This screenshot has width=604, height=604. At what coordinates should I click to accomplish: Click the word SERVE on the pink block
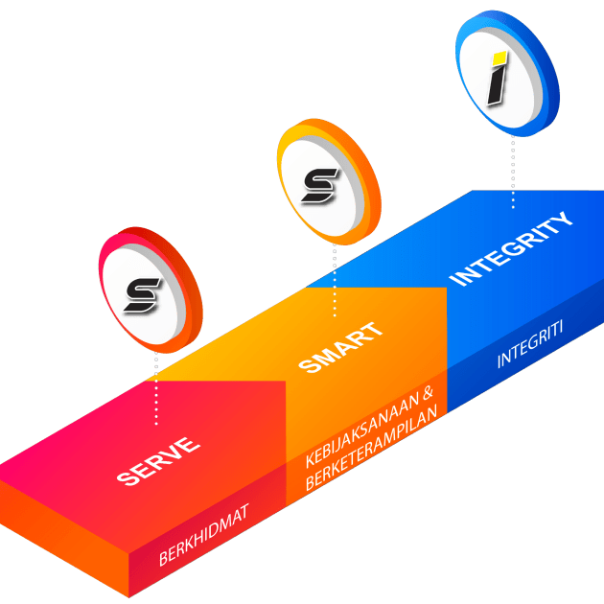[x=158, y=461]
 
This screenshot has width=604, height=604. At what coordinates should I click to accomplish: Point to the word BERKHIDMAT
[x=204, y=535]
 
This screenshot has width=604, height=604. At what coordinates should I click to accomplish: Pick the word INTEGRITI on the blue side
[x=530, y=346]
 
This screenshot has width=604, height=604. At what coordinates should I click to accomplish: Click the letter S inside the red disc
[x=147, y=292]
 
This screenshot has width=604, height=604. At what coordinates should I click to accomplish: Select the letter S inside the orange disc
[x=318, y=181]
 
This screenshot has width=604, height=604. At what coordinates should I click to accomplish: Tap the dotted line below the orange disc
[x=334, y=278]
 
